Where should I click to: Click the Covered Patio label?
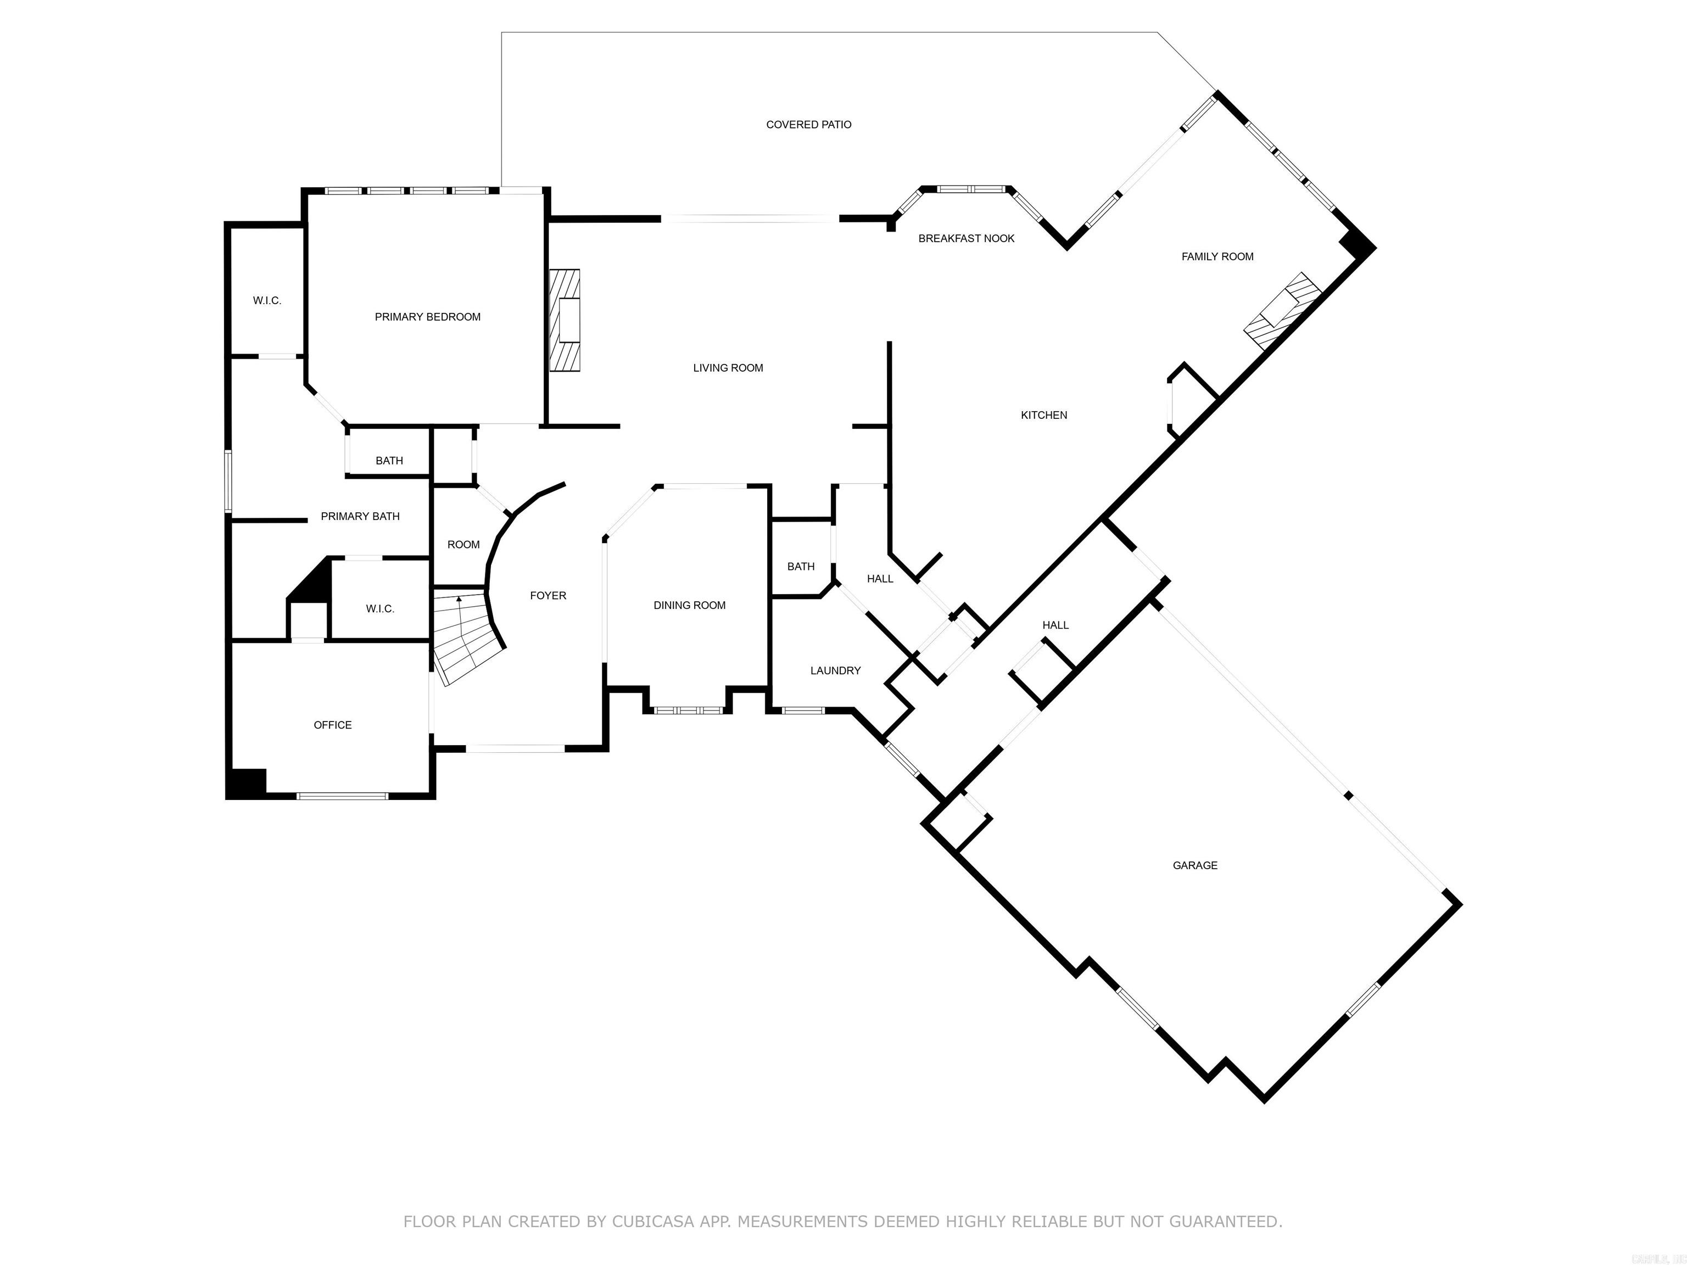(808, 124)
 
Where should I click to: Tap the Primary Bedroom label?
(427, 316)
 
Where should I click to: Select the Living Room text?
(728, 367)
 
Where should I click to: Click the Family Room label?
(1217, 256)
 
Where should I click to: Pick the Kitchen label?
(1043, 415)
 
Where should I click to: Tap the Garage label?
(1194, 865)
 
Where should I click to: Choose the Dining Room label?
(689, 604)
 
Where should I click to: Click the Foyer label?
(548, 596)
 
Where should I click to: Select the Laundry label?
(835, 670)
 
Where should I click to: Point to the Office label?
(333, 724)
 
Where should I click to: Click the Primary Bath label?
(360, 516)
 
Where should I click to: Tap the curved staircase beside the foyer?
(465, 637)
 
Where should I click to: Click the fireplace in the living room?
(565, 320)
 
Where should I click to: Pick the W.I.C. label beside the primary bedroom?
(267, 300)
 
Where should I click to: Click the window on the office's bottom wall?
(342, 796)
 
